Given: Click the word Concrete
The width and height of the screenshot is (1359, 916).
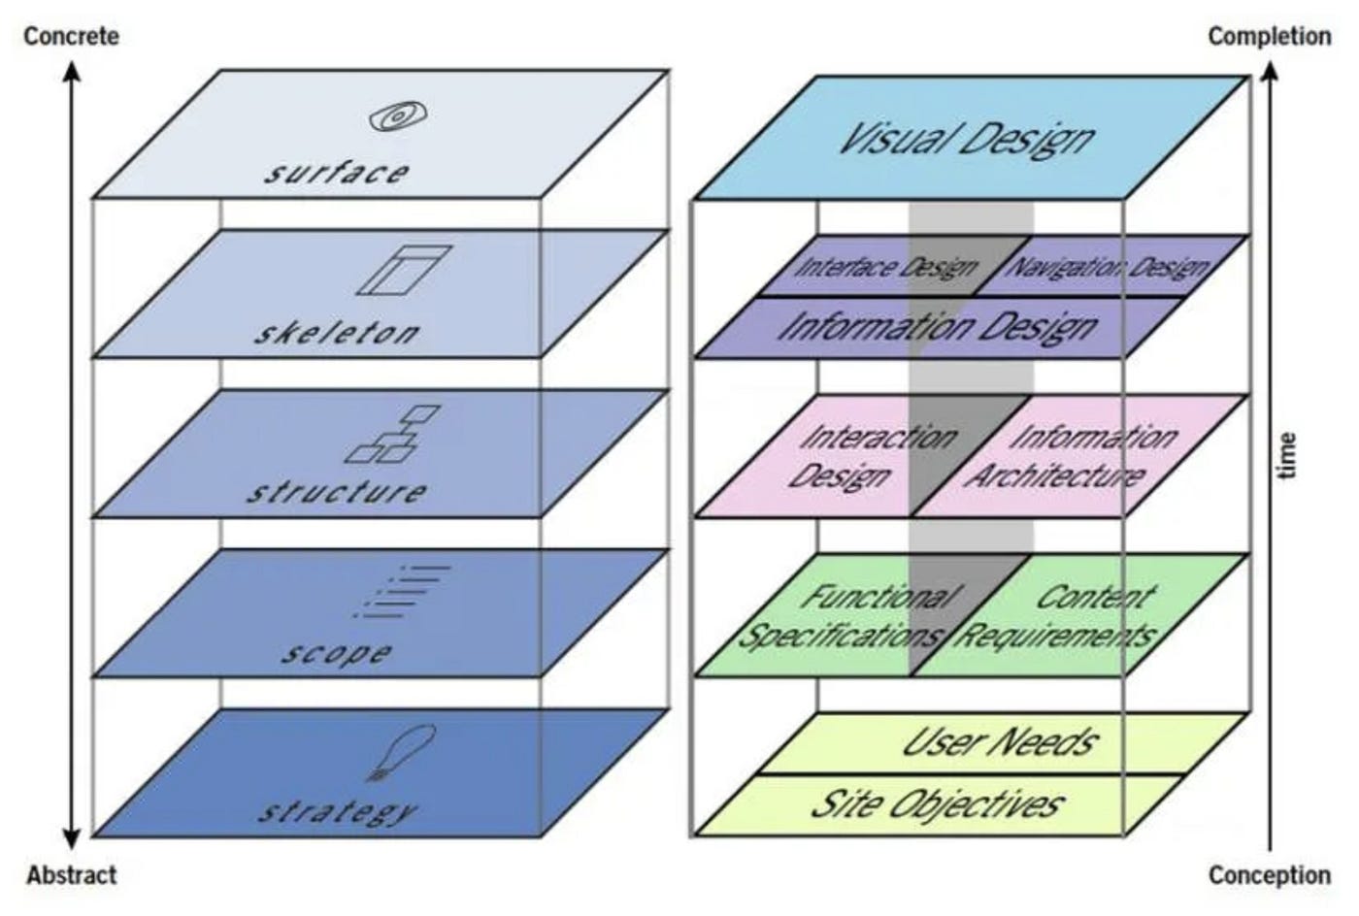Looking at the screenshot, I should point(71,37).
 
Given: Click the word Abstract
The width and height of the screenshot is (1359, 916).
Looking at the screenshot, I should point(71,874).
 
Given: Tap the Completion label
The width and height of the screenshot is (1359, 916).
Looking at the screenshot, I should point(1269,37).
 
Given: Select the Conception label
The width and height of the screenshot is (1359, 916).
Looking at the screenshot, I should point(1269,874).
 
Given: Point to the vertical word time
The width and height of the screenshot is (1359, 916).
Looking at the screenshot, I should point(1287,456).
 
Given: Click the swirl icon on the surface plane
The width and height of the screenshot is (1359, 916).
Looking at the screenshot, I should point(396,117).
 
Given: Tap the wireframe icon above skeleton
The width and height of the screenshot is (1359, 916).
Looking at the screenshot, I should point(404,270).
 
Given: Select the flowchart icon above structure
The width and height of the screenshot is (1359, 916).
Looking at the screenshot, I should point(393,434).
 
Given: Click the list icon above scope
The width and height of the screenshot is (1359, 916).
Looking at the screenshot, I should point(400,592).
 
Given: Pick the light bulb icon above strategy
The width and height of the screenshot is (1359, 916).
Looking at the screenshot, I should point(398,753).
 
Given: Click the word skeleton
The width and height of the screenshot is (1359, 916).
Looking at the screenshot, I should point(336,334).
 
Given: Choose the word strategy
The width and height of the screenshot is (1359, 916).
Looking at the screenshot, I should point(336,810).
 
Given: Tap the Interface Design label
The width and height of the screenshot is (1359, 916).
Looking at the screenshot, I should point(885,267).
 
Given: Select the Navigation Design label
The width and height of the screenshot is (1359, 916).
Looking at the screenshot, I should point(1107,267).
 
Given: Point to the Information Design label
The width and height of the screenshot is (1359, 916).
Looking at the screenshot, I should point(938,327).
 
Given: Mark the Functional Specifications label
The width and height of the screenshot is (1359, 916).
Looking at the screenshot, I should point(845,616).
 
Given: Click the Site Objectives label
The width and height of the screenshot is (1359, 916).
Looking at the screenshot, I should point(936,804).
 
